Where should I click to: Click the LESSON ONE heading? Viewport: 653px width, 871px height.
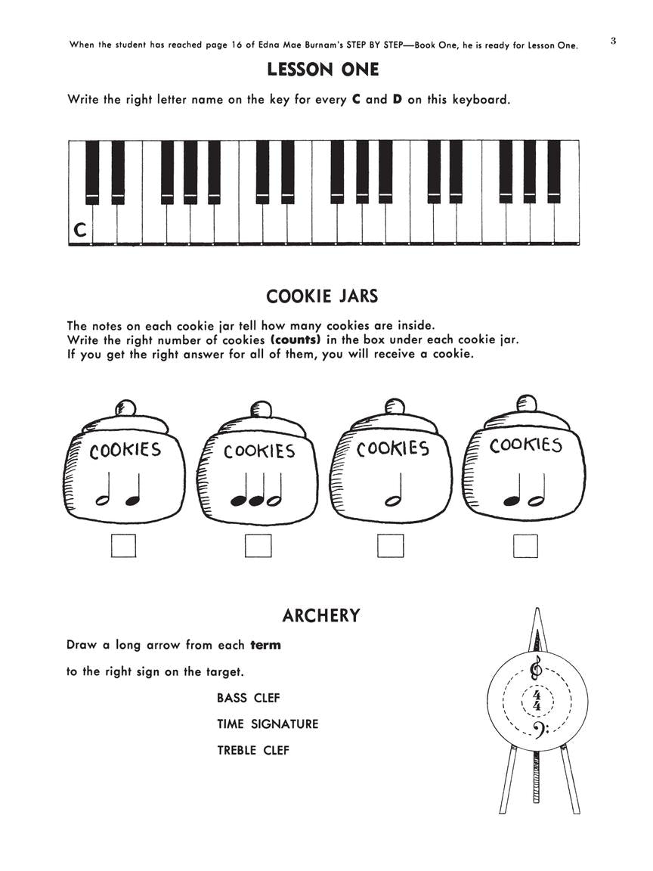[323, 70]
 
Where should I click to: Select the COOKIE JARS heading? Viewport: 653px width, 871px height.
[322, 295]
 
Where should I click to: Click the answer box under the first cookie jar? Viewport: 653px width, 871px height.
[123, 545]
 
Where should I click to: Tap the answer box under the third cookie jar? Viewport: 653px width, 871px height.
[390, 545]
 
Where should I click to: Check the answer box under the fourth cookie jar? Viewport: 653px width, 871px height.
[525, 545]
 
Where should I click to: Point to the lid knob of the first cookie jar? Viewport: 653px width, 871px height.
[125, 408]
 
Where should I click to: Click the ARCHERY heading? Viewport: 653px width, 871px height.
[320, 615]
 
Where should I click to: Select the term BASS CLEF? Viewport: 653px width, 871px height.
[248, 698]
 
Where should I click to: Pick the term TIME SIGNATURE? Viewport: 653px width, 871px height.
[268, 724]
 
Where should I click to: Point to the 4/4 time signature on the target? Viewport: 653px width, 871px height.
[537, 700]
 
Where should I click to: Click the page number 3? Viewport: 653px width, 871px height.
[613, 41]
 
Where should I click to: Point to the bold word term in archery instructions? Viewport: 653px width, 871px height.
[265, 645]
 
